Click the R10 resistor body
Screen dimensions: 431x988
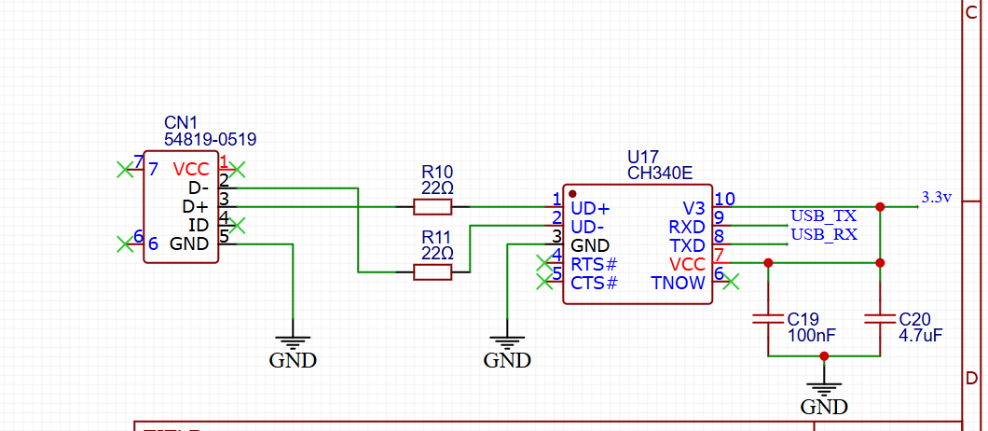coord(432,207)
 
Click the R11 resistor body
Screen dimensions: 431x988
coord(432,271)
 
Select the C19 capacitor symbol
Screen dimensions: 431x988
coord(768,318)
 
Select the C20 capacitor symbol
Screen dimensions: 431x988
coord(880,318)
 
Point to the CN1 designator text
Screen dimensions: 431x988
coord(181,122)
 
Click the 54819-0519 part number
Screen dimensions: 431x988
coord(211,139)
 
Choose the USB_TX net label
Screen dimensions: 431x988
coord(824,216)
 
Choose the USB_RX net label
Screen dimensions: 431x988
coord(824,235)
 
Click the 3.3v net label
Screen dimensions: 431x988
coord(936,198)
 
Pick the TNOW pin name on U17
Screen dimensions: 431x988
coord(678,283)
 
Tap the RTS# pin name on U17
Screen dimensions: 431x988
coord(594,264)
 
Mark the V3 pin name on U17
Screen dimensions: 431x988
coord(693,207)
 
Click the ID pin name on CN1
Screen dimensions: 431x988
coord(198,226)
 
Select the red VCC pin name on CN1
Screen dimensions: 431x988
coord(191,170)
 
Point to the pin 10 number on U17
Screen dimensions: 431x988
coord(724,199)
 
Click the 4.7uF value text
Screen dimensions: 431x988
coord(920,334)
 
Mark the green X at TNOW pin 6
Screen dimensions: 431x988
coord(732,281)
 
